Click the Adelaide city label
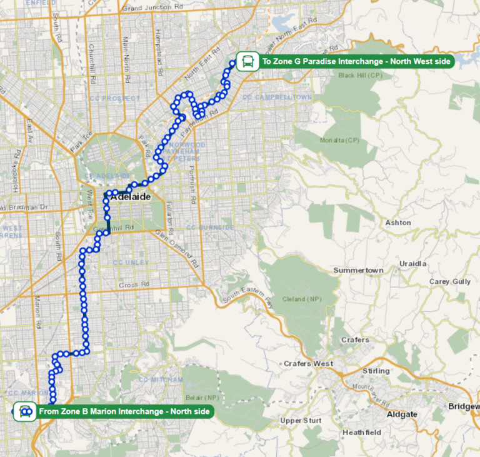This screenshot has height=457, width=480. point(131,197)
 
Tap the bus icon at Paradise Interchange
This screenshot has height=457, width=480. point(248,62)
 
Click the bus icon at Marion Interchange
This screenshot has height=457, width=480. point(25,411)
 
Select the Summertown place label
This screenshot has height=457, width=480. point(358,270)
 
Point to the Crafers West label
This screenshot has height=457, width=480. point(308,363)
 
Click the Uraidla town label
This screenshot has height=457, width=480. point(413,263)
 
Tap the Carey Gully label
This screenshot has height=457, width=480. point(450,281)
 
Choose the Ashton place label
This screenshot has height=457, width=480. point(398,223)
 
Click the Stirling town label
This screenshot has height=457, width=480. point(376,371)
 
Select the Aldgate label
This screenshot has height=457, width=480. point(402,414)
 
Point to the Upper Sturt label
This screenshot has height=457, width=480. point(300,421)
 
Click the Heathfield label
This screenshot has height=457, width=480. point(361,433)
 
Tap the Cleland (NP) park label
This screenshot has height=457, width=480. point(302,299)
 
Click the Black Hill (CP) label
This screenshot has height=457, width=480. point(360,75)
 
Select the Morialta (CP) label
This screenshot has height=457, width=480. point(340,139)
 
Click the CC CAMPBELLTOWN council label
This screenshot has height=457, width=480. point(277,98)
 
